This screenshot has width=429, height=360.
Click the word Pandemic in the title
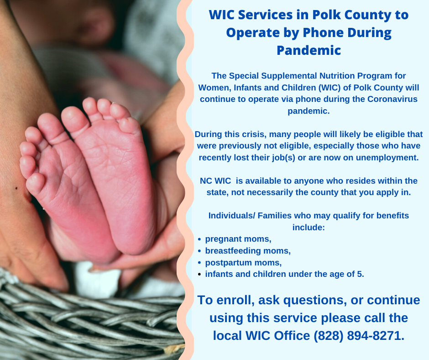pyautogui.click(x=309, y=50)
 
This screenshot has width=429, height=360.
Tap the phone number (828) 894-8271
pyautogui.click(x=358, y=336)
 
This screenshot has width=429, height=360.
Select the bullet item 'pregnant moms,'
pyautogui.click(x=238, y=239)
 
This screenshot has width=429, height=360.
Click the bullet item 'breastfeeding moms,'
pyautogui.click(x=248, y=251)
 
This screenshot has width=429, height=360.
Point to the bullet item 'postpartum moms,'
pyautogui.click(x=243, y=263)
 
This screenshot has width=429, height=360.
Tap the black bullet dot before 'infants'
pyautogui.click(x=199, y=274)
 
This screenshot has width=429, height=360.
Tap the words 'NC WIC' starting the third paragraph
pyautogui.click(x=215, y=181)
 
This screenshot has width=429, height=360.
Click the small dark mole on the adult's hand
pyautogui.click(x=16, y=188)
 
